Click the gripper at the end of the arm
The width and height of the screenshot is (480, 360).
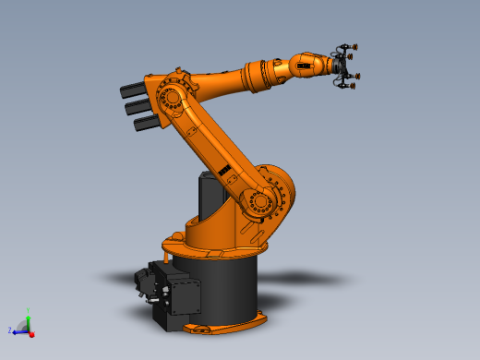click(x=344, y=67)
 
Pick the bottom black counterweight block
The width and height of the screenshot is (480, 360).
click(x=146, y=123)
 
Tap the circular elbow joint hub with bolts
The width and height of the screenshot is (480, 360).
click(x=171, y=97)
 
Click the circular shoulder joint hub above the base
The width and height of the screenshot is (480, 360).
click(x=260, y=200)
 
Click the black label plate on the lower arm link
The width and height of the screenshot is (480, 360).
click(x=223, y=170)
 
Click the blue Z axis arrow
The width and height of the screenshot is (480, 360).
click(x=18, y=330)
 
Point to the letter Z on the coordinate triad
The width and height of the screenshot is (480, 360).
click(x=9, y=330)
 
